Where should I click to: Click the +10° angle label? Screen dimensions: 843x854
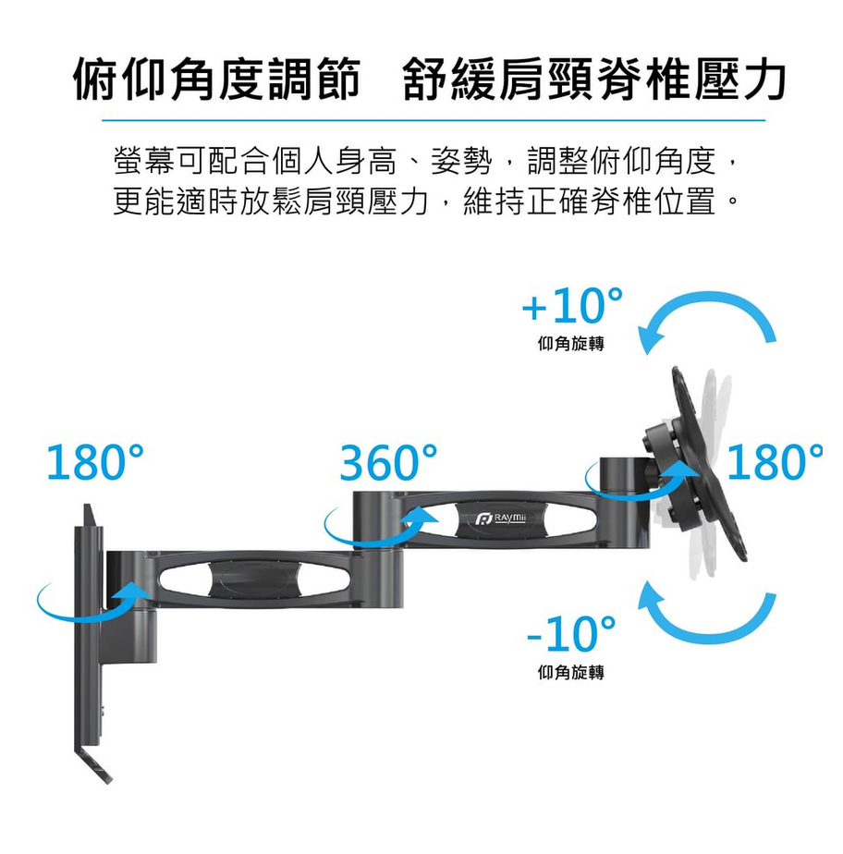click(x=572, y=305)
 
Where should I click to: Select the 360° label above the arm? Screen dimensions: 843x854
click(x=388, y=462)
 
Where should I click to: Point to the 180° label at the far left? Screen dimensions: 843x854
click(x=95, y=462)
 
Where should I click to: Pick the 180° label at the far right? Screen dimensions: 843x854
click(x=775, y=462)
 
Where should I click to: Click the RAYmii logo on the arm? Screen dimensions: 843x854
click(x=500, y=518)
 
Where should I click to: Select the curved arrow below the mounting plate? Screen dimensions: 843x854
click(x=708, y=627)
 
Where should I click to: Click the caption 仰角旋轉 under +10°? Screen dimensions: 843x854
click(x=570, y=344)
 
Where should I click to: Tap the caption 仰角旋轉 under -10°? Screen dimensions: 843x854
click(x=570, y=673)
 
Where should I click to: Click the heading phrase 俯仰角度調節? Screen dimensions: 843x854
click(x=216, y=80)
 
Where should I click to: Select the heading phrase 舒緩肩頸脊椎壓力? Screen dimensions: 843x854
click(x=594, y=80)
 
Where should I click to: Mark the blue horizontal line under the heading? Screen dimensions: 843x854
click(x=434, y=120)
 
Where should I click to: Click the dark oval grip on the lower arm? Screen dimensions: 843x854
click(x=254, y=579)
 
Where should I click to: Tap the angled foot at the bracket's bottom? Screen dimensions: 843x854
click(x=93, y=766)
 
